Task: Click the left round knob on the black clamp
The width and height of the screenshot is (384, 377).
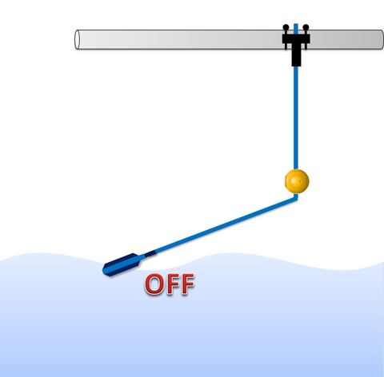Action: click(286, 27)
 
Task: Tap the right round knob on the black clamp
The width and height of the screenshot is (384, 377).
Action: click(306, 27)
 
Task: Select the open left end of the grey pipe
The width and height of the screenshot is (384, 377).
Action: click(77, 39)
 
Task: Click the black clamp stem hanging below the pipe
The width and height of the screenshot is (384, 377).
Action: click(296, 55)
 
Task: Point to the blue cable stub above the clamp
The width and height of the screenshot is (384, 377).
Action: click(296, 29)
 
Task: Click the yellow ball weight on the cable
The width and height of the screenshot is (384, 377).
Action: click(297, 181)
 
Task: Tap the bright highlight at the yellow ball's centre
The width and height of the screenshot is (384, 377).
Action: click(296, 182)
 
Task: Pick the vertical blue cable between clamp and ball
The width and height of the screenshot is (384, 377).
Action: click(296, 118)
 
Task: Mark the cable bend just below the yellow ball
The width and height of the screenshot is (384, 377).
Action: click(296, 198)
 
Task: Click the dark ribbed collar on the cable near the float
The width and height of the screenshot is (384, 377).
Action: click(150, 254)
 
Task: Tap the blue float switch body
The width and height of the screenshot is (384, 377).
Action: click(122, 264)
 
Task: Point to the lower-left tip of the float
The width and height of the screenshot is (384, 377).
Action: click(104, 272)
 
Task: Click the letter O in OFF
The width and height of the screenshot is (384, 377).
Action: click(154, 284)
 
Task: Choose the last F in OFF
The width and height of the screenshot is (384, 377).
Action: click(187, 284)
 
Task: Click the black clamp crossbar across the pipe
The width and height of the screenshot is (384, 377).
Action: click(296, 39)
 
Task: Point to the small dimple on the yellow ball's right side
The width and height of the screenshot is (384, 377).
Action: click(301, 182)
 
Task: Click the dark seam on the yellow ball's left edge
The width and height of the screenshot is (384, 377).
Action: click(286, 181)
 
